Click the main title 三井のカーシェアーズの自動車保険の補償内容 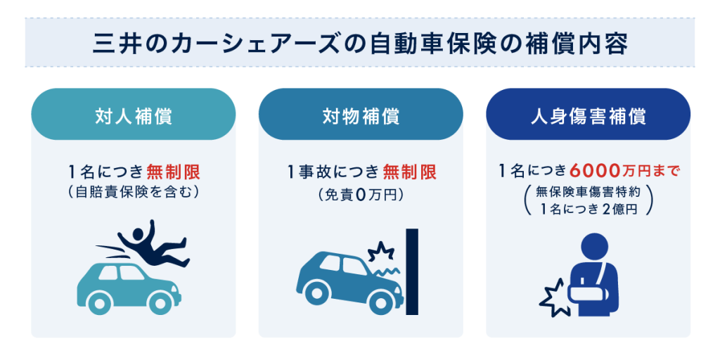(x=360, y=43)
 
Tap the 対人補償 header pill (x=134, y=115)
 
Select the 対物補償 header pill (x=361, y=115)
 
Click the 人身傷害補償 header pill (x=589, y=115)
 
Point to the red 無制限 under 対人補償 (x=174, y=173)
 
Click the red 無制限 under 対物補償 (x=410, y=173)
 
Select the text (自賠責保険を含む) (x=133, y=193)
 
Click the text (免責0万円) (x=361, y=195)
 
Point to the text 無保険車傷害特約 (x=589, y=192)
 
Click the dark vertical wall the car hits (x=412, y=271)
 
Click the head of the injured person (x=595, y=247)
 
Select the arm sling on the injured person (x=589, y=290)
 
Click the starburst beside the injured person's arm (x=554, y=297)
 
